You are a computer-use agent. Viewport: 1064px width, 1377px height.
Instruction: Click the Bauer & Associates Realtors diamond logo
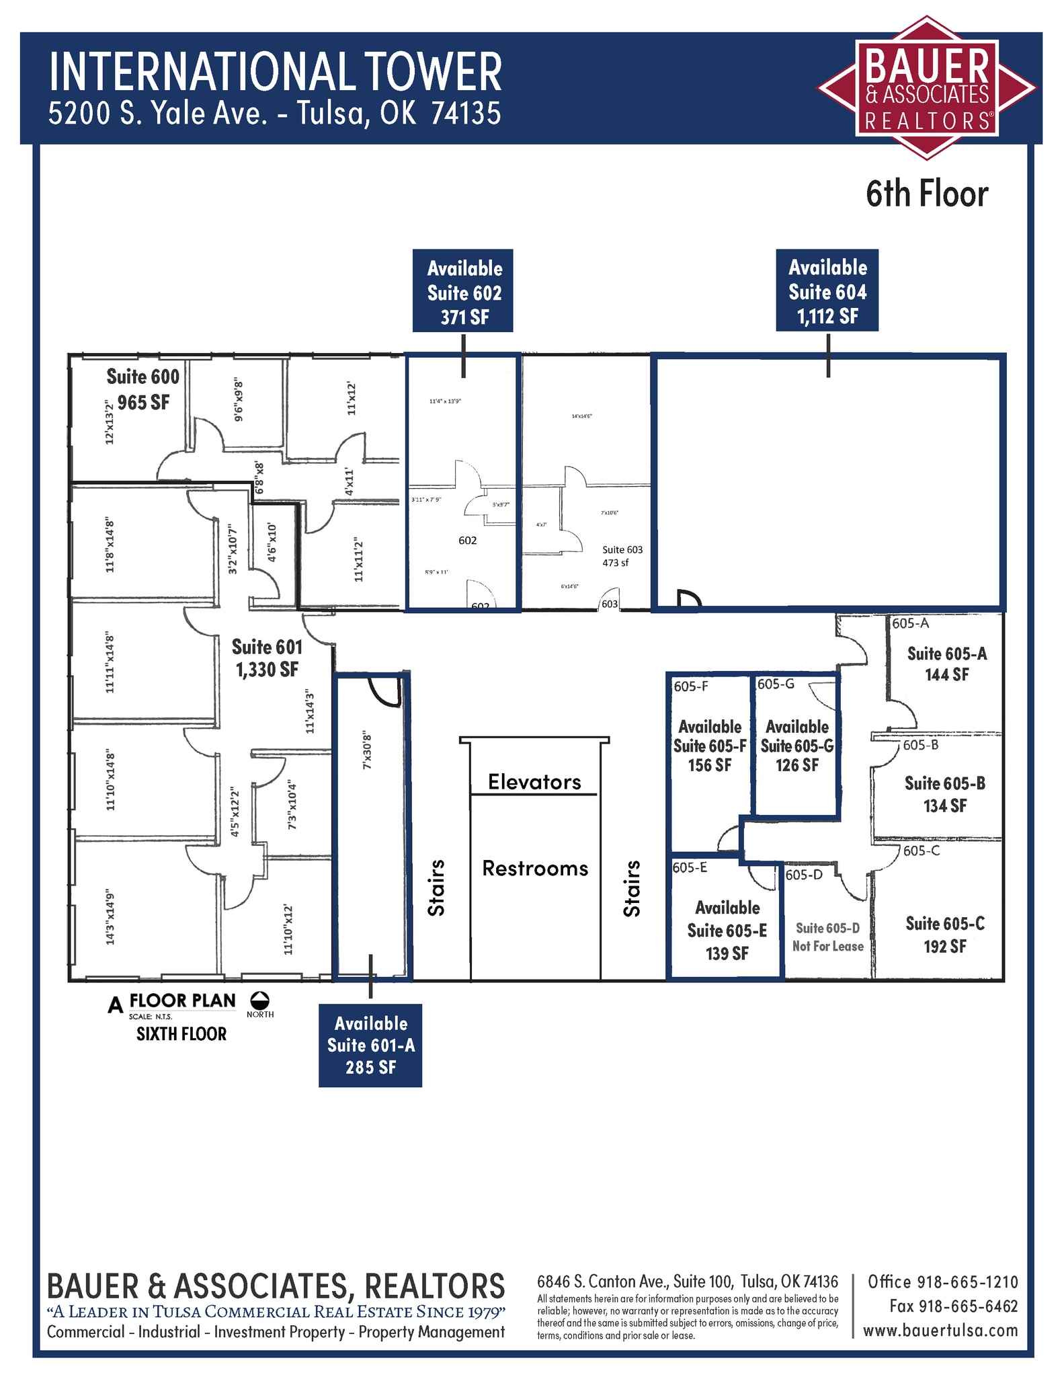tap(927, 88)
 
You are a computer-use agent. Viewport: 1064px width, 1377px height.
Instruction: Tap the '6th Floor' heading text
tap(926, 194)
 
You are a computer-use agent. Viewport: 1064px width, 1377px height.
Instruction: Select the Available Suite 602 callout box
tap(463, 291)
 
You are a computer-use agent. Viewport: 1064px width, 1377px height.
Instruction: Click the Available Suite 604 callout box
tap(827, 290)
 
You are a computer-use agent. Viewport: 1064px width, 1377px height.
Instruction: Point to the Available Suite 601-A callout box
tap(370, 1045)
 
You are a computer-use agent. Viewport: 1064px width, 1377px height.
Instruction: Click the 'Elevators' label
tap(534, 782)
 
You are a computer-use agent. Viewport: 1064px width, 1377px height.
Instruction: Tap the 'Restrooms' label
tap(535, 869)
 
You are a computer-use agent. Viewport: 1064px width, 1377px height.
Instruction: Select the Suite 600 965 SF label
tap(143, 389)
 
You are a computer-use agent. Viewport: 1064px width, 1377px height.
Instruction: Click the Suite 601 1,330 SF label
tap(267, 658)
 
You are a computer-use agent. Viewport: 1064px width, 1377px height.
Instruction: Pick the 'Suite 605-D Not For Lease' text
tap(827, 937)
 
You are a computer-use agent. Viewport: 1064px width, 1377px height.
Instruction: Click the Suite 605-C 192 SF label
tap(944, 935)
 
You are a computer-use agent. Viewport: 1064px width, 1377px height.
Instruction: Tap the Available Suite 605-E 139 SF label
tap(727, 931)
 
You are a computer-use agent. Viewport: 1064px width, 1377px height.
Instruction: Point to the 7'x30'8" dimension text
tap(367, 750)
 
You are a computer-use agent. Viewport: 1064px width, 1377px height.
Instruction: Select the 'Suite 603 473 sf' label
tap(622, 555)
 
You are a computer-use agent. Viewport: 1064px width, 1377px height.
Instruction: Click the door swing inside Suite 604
tap(688, 598)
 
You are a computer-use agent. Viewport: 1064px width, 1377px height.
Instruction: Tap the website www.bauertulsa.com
tap(940, 1330)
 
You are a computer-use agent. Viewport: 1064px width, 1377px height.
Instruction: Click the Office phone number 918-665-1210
tap(942, 1282)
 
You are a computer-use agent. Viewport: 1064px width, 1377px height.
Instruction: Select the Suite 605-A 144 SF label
tap(946, 664)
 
